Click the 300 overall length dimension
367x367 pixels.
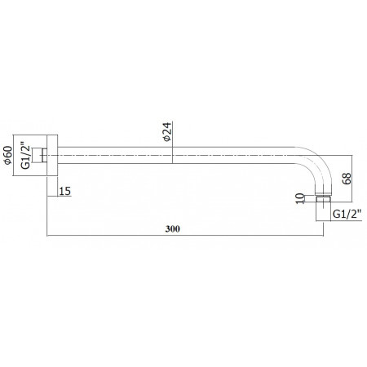[x=172, y=229]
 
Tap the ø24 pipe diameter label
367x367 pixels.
[x=167, y=132]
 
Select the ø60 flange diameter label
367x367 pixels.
[x=8, y=155]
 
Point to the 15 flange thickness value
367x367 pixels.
[x=65, y=191]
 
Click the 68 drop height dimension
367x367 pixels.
[x=347, y=179]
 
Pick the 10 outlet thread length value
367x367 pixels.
[x=299, y=198]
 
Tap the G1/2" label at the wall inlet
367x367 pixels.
[x=25, y=156]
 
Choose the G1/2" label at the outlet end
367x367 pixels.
[x=347, y=214]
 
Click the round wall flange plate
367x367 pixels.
[x=52, y=155]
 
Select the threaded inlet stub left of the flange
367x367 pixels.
[x=39, y=155]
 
